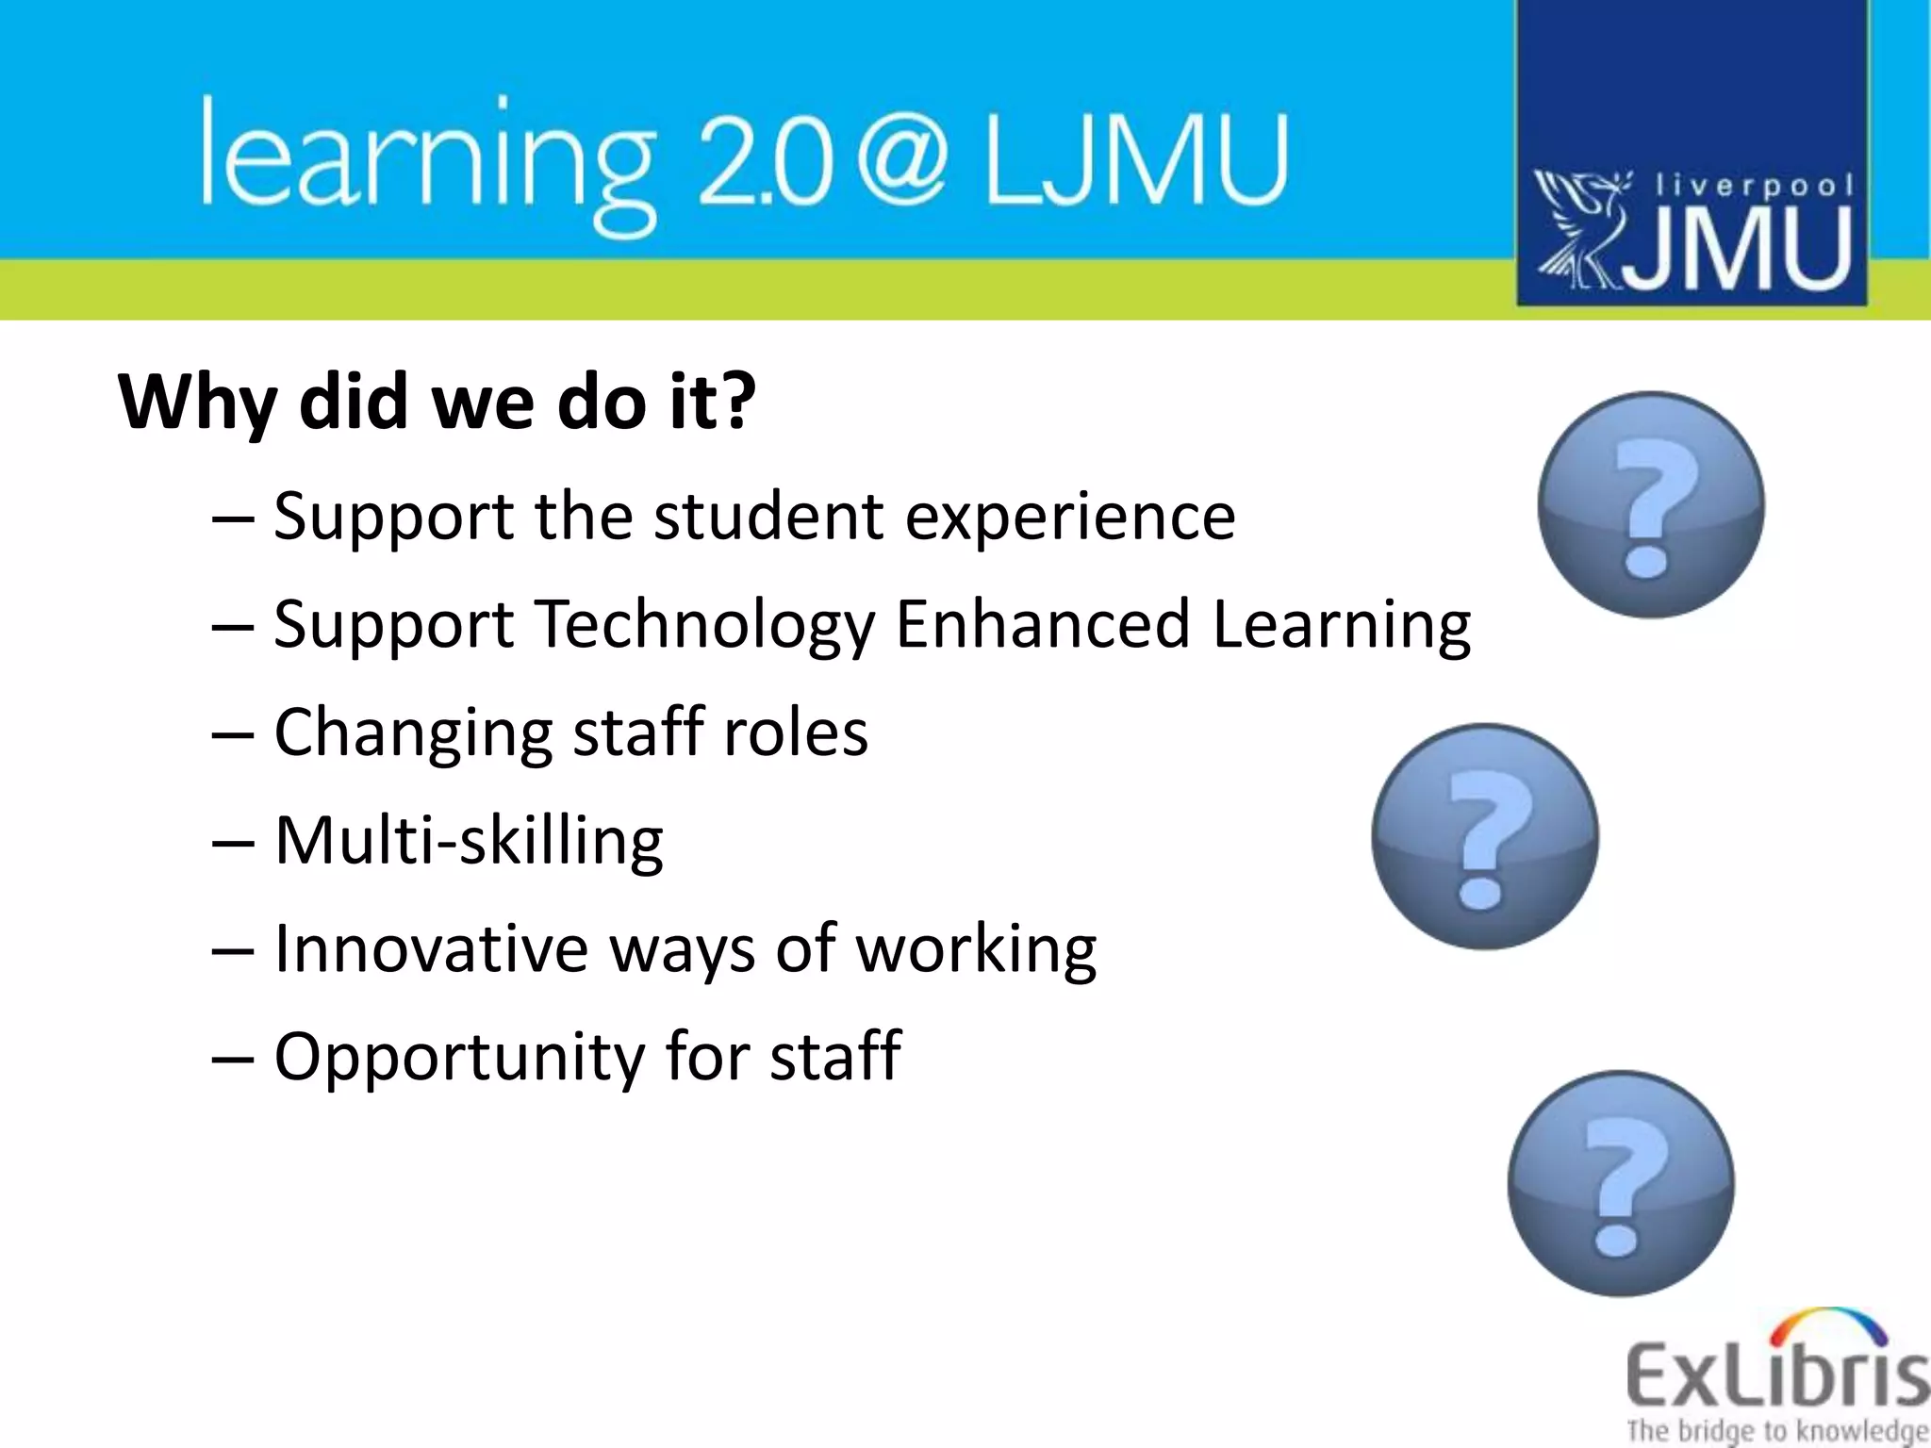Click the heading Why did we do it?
(437, 402)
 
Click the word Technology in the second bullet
(705, 625)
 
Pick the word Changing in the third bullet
(413, 733)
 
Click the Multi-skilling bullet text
(469, 841)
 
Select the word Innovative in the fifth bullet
(431, 948)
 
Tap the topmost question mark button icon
(1651, 505)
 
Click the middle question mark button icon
(1485, 836)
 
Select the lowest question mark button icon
(1621, 1183)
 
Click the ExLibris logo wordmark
(1776, 1377)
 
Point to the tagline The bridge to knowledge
(1776, 1430)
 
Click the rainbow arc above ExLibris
(1829, 1325)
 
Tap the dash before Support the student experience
(233, 518)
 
